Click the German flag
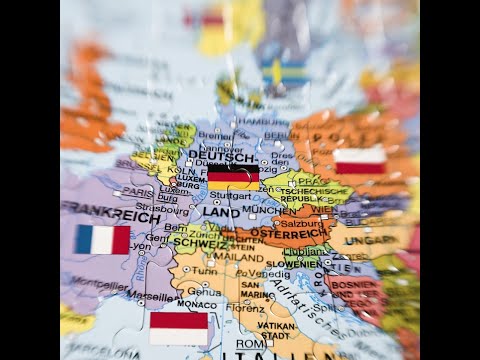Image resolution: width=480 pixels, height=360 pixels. pyautogui.click(x=233, y=176)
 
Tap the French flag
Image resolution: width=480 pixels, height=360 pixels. pyautogui.click(x=102, y=239)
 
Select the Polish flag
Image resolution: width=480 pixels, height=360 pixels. pyautogui.click(x=360, y=161)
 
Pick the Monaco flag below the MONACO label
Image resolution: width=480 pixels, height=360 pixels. pyautogui.click(x=178, y=327)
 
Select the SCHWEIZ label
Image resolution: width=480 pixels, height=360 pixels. pyautogui.click(x=198, y=240)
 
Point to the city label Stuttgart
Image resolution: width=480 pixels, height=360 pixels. pyautogui.click(x=232, y=196)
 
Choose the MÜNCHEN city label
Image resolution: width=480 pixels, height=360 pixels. pyautogui.click(x=269, y=211)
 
